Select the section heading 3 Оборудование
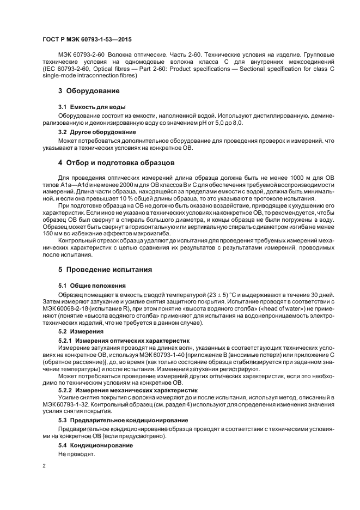click(x=89, y=90)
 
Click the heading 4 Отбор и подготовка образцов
click(x=116, y=162)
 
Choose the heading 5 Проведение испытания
click(x=105, y=270)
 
